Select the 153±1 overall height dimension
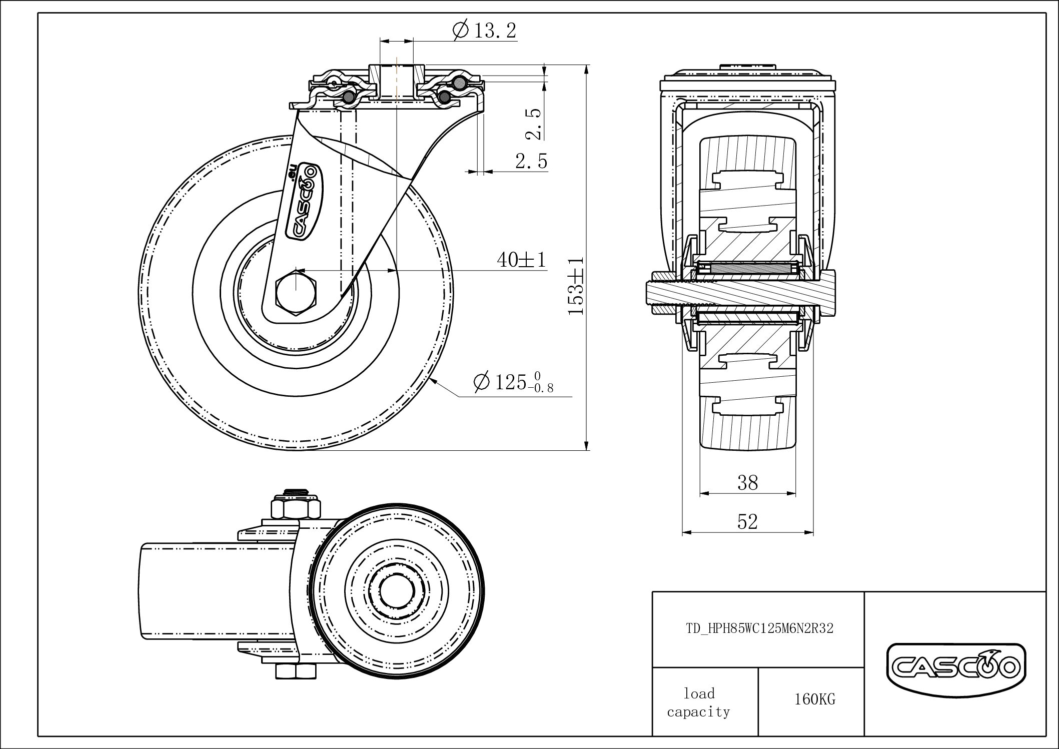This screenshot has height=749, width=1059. click(x=576, y=287)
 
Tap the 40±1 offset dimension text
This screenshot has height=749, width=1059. click(x=521, y=259)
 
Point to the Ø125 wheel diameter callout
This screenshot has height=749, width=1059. click(x=513, y=383)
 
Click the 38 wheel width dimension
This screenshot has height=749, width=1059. click(x=747, y=482)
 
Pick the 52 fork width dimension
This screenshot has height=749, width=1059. click(x=747, y=522)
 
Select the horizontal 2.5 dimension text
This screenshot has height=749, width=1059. click(x=531, y=161)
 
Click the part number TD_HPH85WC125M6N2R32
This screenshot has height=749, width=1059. click(x=759, y=628)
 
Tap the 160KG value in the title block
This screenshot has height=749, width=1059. click(x=814, y=699)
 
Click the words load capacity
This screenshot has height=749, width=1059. click(x=699, y=702)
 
